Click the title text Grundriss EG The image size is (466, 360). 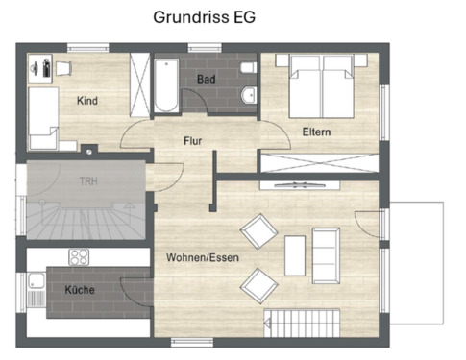(205, 17)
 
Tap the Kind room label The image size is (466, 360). (87, 100)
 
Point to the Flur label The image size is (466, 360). (193, 140)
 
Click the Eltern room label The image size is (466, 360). (317, 132)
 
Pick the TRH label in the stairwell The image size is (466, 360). (87, 180)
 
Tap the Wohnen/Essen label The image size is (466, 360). (202, 257)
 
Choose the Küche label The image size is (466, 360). (79, 289)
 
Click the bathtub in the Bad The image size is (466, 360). (164, 85)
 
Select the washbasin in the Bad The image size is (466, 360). (249, 94)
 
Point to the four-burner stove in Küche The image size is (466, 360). (78, 257)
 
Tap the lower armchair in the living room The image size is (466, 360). (258, 284)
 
